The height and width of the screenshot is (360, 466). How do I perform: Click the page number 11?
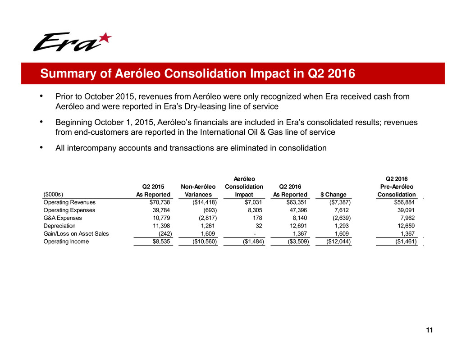pos(429,331)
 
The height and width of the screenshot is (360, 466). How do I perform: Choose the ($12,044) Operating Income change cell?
pos(335,242)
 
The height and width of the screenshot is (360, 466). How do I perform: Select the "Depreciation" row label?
pos(59,226)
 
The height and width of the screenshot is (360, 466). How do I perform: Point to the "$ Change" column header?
pos(333,195)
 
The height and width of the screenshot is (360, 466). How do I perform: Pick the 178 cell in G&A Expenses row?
pos(258,218)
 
